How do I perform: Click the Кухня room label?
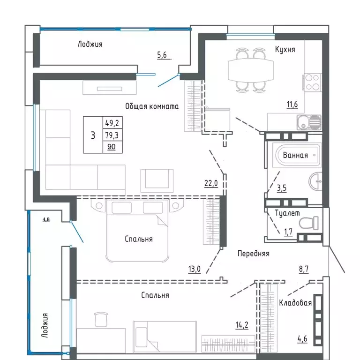coord(285,49)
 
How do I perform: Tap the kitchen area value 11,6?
coord(292,105)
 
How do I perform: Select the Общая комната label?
coord(152,106)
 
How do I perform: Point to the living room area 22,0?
coord(211,184)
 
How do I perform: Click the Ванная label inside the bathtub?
coord(296,156)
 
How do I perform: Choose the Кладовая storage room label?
coord(295,303)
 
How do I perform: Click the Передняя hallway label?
coord(253,253)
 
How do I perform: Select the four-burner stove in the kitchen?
coord(312,82)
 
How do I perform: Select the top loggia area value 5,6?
coord(162,55)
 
